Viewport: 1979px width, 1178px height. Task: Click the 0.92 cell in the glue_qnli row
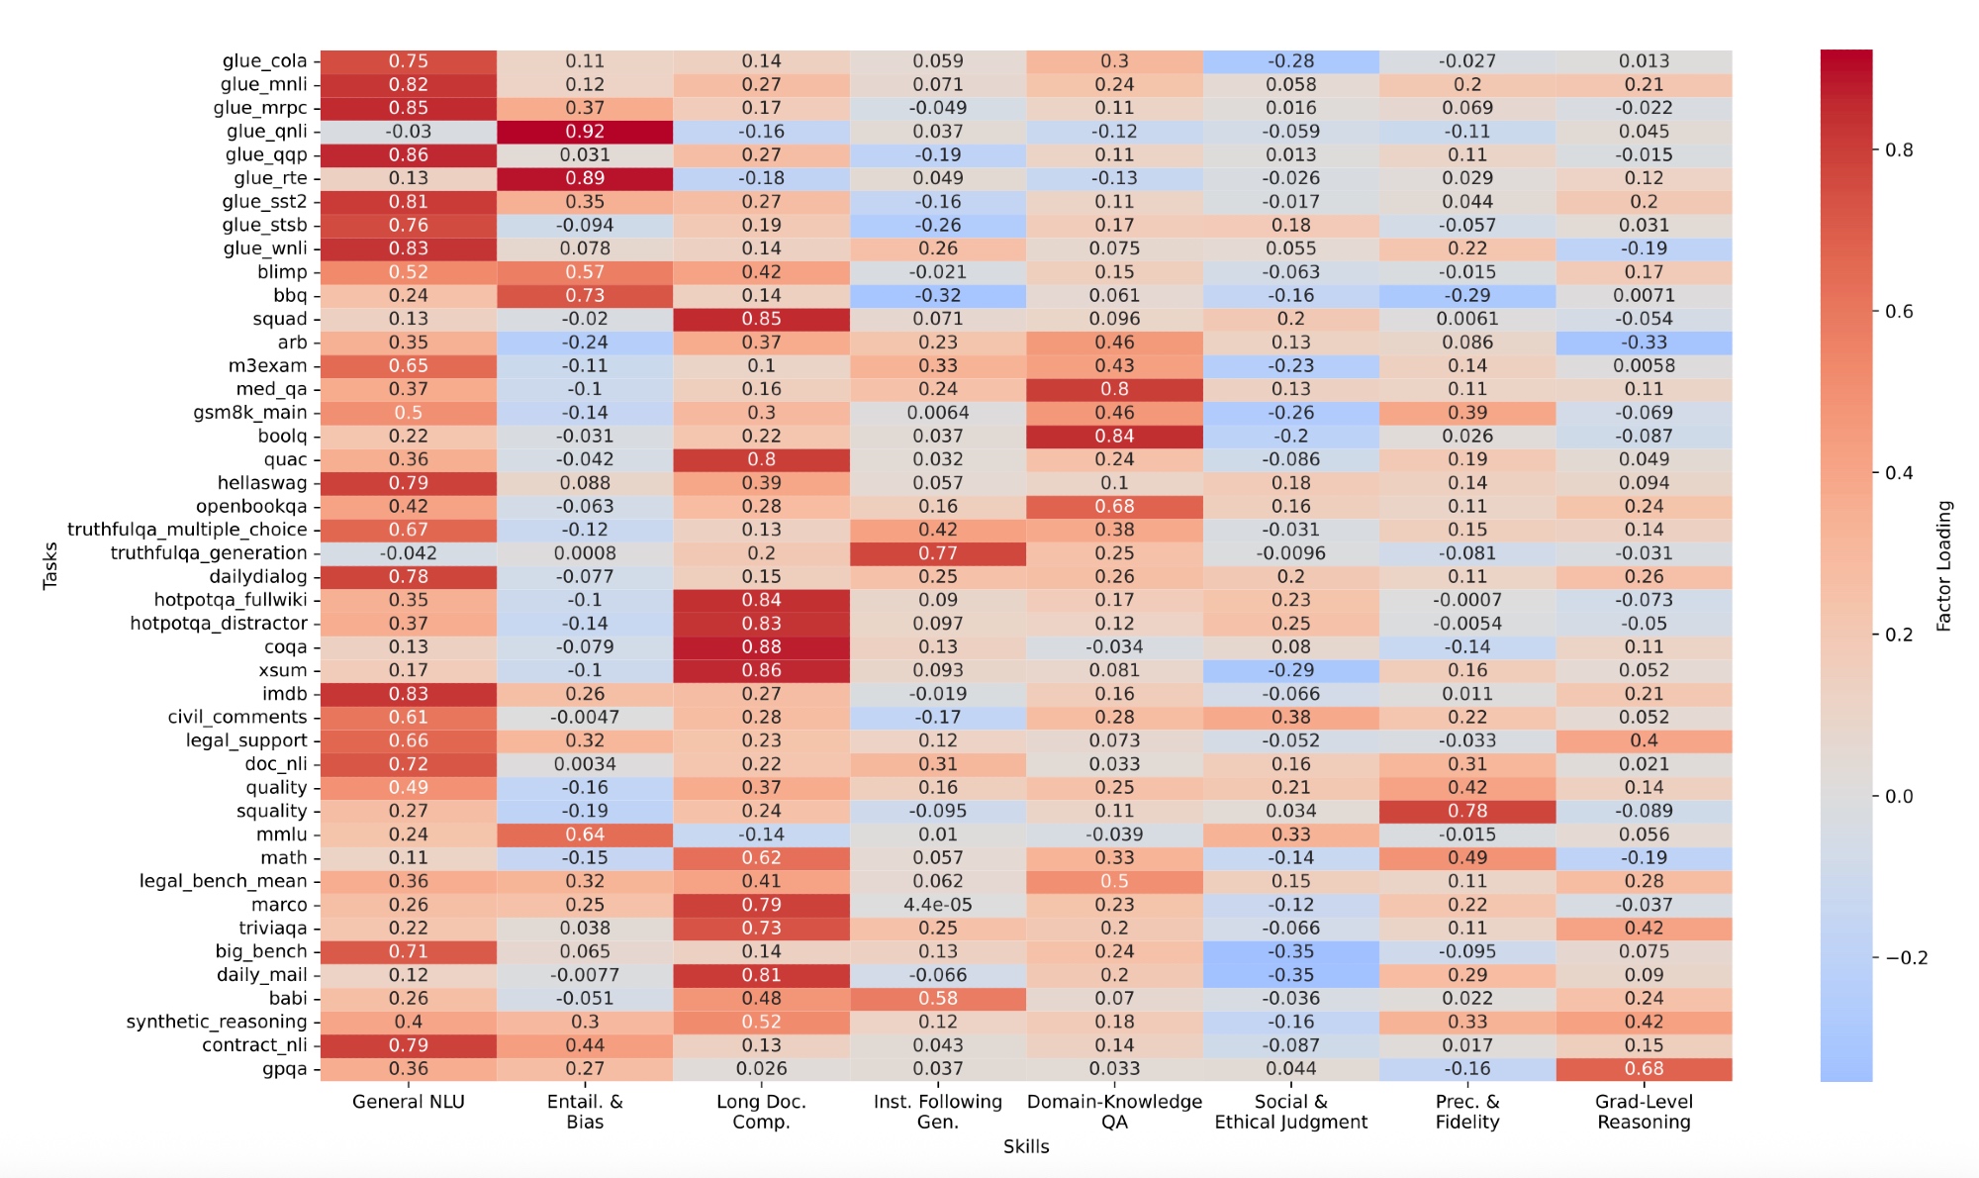[585, 132]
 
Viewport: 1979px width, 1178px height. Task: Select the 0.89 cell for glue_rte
[585, 178]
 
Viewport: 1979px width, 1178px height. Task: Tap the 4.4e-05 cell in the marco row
[937, 905]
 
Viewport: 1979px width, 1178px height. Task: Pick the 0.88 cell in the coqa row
[761, 646]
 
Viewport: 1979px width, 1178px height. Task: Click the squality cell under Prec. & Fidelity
[1467, 811]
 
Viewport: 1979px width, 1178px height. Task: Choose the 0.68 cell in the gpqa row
[1644, 1069]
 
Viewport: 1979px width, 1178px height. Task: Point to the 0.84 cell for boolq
[1114, 436]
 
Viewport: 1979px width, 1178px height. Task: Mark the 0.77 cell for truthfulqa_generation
[937, 553]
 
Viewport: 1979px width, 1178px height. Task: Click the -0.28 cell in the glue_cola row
[1290, 61]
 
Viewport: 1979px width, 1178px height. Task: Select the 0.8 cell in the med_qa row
[1114, 389]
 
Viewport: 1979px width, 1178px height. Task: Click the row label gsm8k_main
[250, 413]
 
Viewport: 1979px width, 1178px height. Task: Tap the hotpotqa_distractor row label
[219, 624]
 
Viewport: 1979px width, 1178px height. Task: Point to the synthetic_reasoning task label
[217, 1022]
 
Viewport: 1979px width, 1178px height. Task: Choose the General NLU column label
[408, 1102]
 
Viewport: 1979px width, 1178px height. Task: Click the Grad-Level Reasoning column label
[1644, 1112]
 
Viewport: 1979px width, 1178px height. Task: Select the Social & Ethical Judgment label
[1290, 1112]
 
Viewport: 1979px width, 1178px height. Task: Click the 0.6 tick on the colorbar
[1899, 312]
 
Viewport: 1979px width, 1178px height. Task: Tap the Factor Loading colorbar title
[1944, 565]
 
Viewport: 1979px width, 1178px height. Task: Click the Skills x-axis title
[1026, 1146]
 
